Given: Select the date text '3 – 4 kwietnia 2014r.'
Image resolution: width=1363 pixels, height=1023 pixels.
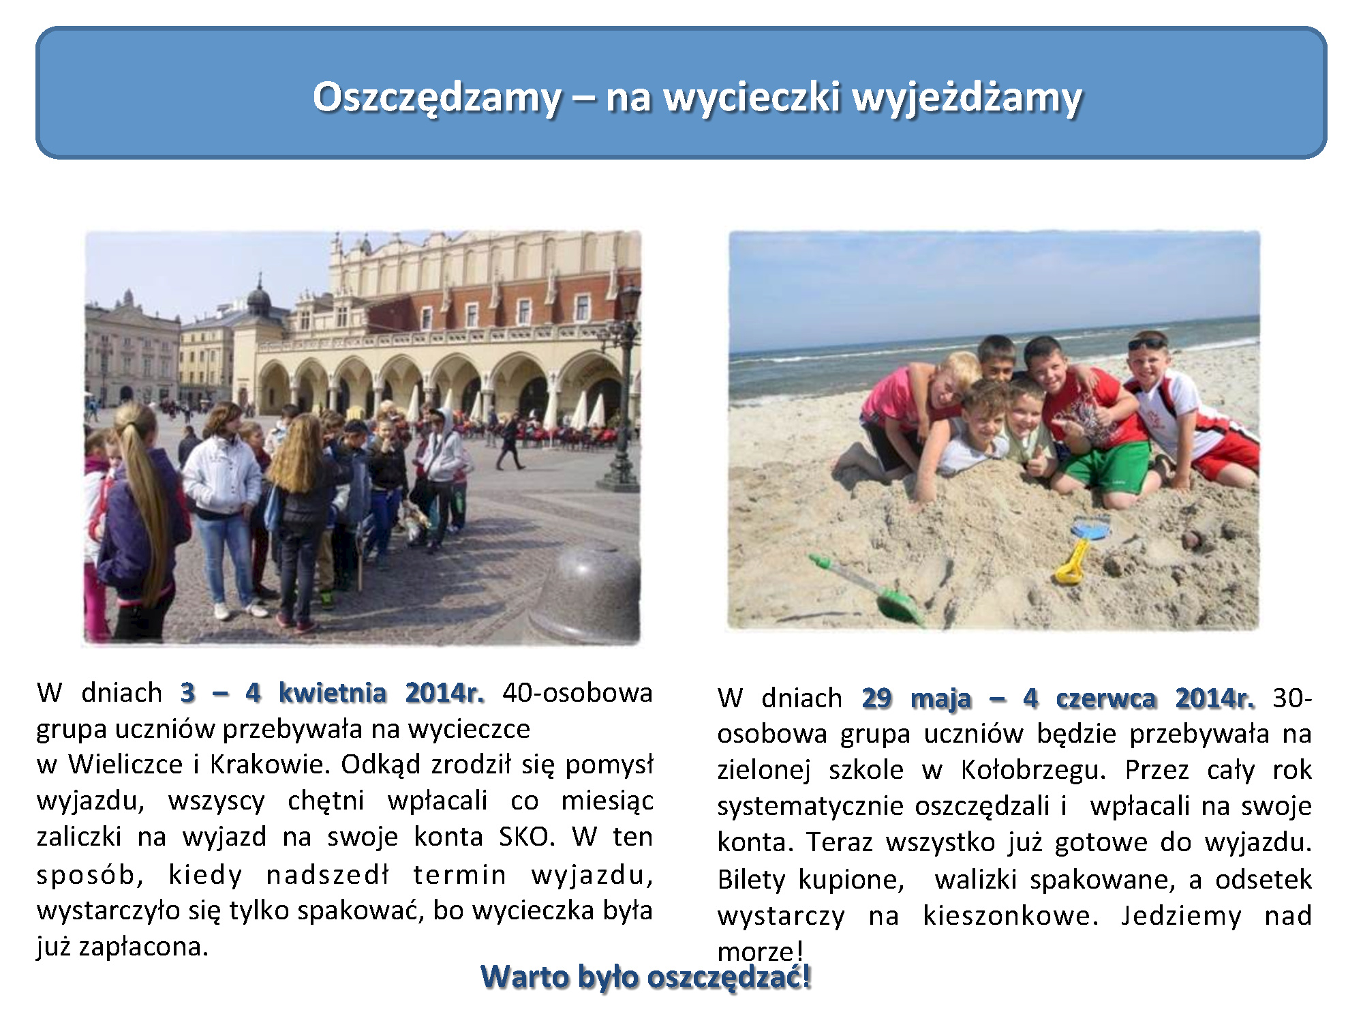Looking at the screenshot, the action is (333, 693).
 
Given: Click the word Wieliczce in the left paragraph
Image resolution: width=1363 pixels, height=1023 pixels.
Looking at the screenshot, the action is (126, 764).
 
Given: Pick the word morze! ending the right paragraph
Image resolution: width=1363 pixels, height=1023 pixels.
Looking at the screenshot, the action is (761, 951).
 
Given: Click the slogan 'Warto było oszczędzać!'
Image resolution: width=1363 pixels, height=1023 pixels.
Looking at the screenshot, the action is (646, 977).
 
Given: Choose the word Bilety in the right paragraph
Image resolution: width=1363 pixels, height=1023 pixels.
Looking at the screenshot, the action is (751, 879).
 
